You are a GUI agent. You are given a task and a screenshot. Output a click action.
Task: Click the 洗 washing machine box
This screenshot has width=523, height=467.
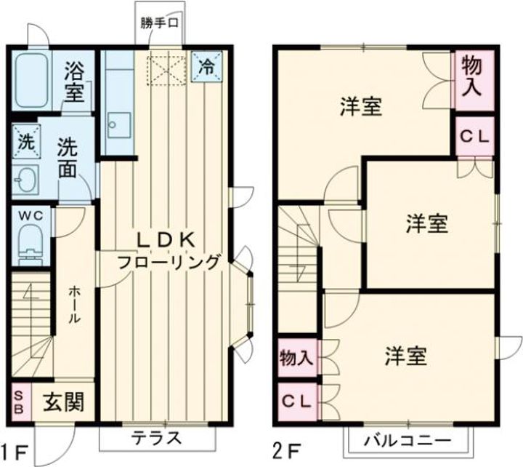coord(26,142)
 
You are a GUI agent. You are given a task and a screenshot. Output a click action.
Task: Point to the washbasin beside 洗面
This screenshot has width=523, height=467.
coord(26,180)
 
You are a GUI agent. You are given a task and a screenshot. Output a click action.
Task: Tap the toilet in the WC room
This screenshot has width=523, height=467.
coord(30,242)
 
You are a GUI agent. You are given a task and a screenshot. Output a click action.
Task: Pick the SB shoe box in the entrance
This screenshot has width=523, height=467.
coord(20,401)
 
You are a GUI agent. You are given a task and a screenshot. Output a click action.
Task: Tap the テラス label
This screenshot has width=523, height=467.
coord(155,439)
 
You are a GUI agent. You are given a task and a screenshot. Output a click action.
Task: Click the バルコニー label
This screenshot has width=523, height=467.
coord(408,439)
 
